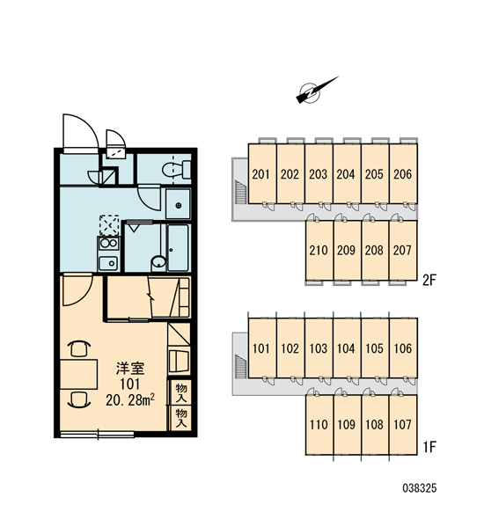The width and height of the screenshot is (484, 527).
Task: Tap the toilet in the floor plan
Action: coord(176,170)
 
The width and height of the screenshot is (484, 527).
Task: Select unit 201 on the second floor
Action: coord(262,174)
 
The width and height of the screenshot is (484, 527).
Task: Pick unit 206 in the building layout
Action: coord(403,174)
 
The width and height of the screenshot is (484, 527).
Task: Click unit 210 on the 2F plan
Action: coord(319,250)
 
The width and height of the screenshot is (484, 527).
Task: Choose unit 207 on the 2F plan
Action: coord(403,250)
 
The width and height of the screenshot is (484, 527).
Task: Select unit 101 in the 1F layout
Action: coord(262,348)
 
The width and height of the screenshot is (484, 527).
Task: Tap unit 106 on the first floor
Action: coord(403,348)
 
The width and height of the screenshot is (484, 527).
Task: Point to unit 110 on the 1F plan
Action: coord(319,425)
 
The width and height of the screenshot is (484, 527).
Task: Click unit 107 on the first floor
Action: coord(403,425)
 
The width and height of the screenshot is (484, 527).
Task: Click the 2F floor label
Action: coord(429,280)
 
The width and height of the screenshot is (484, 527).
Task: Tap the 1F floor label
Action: coord(429,447)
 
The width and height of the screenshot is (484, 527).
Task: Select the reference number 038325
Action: coord(420,488)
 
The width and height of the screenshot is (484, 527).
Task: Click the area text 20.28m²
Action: coord(130,399)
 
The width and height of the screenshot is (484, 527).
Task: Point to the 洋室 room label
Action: coord(130,369)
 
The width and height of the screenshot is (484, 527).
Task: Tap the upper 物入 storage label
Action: coord(181,392)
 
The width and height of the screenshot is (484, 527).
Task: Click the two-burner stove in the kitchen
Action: coord(108,244)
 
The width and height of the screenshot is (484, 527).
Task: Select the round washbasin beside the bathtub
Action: coord(158,261)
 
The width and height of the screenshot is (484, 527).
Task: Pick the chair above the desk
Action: coord(80,348)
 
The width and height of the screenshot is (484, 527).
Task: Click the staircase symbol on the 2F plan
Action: coord(240,192)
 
